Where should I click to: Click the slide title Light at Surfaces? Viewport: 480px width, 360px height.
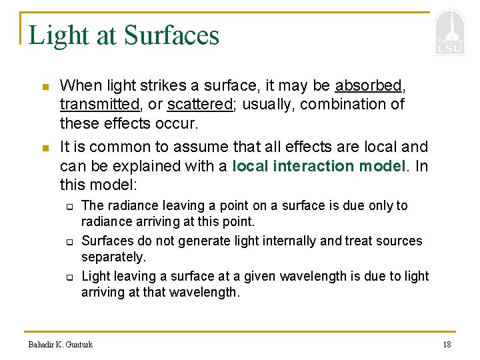[x=124, y=35]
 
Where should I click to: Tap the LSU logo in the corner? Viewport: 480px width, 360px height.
[x=450, y=33]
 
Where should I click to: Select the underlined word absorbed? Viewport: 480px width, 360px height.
[x=369, y=85]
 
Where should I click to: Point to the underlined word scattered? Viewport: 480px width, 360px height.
[x=199, y=105]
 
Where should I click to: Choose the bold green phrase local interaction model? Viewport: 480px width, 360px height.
[x=318, y=165]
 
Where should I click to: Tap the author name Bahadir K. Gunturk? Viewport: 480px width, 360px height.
[x=61, y=344]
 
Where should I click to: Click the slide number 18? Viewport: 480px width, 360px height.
[x=447, y=344]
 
